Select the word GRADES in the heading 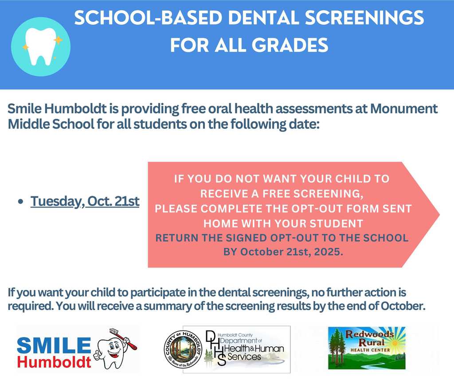[x=290, y=46]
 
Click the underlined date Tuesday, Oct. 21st [x=85, y=201]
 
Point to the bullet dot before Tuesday [x=20, y=202]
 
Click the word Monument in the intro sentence [x=404, y=109]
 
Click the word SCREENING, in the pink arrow [x=329, y=194]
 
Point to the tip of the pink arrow [x=439, y=215]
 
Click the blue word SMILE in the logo [x=54, y=345]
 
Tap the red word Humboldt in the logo [x=54, y=362]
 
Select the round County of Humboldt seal [x=183, y=349]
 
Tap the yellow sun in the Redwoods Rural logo [x=395, y=343]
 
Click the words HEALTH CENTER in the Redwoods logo [x=370, y=350]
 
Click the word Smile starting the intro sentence [x=25, y=109]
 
